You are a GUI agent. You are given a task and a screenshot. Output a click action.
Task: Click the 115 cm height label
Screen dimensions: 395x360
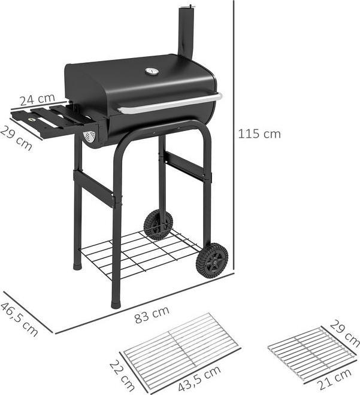(259, 133)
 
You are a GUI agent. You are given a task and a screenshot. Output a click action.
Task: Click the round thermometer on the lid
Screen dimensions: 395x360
(152, 72)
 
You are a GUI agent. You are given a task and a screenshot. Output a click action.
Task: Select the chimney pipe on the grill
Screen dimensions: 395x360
(186, 33)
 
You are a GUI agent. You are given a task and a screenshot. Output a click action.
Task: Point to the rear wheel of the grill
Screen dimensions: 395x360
(158, 225)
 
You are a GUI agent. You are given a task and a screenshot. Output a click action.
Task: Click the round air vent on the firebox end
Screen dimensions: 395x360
(90, 137)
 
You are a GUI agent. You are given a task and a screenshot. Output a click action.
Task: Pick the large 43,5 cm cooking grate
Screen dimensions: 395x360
(180, 347)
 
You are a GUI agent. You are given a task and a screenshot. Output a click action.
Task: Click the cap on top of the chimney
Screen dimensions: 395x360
(187, 7)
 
